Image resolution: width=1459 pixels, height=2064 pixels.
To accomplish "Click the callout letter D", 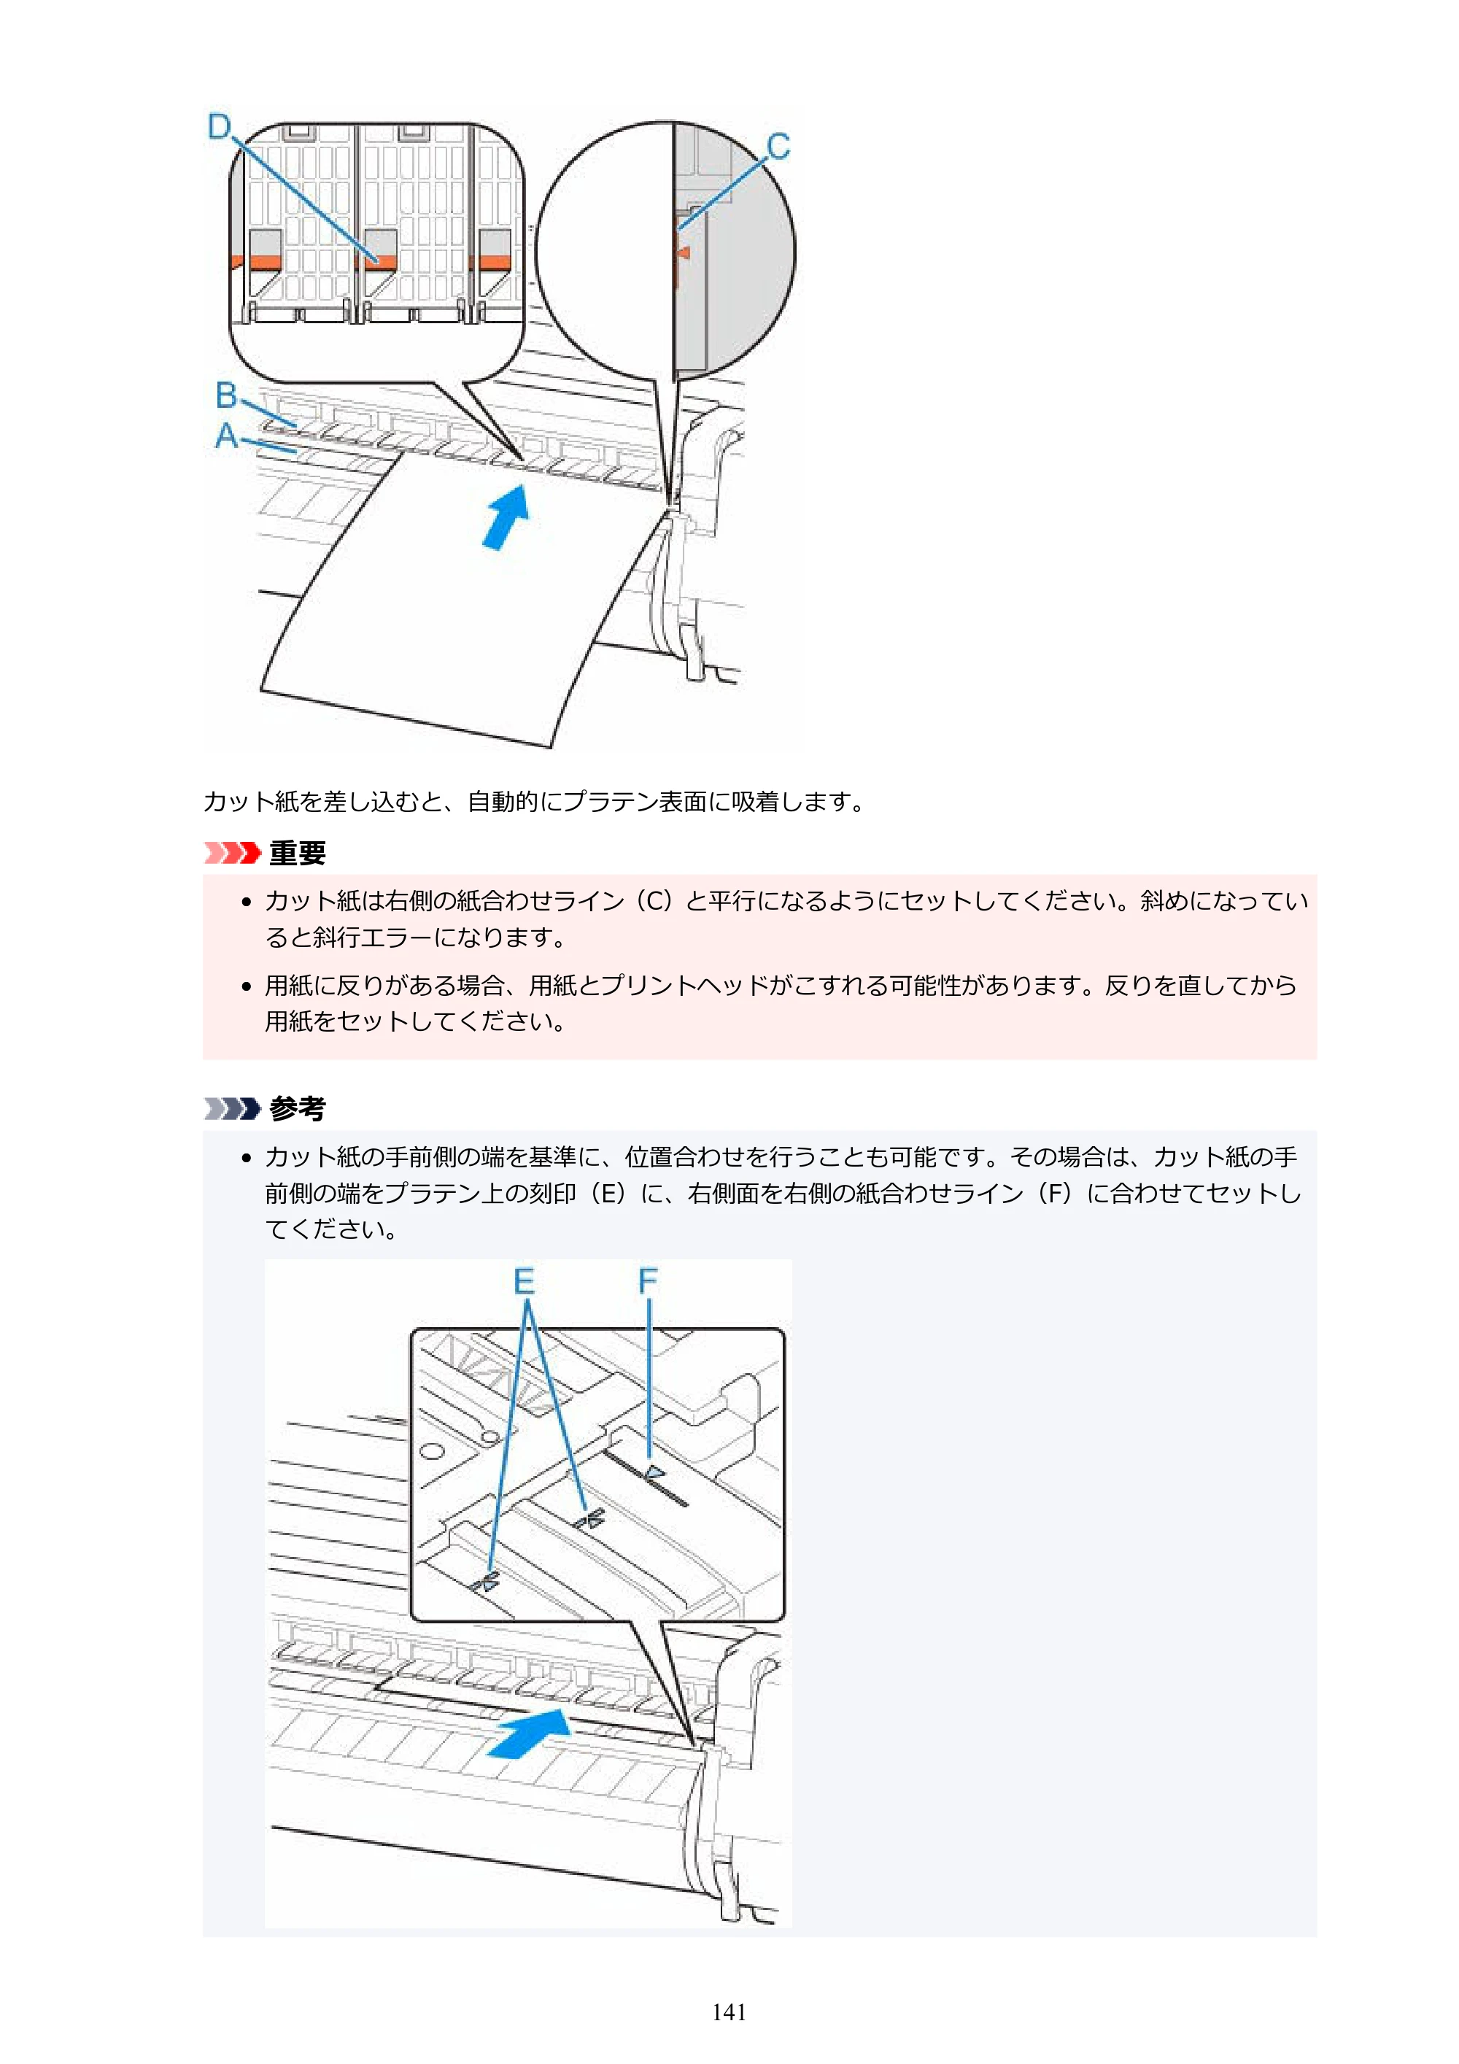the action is tap(220, 127).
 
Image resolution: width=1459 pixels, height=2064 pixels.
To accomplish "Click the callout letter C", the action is tap(778, 147).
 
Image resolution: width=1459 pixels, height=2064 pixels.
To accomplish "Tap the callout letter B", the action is tap(227, 395).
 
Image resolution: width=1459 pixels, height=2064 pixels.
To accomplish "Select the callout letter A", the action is tap(227, 436).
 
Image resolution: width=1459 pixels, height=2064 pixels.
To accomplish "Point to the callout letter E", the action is tap(524, 1281).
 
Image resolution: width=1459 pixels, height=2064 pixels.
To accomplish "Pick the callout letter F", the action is tap(648, 1281).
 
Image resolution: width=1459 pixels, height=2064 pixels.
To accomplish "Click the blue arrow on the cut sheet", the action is tap(506, 516).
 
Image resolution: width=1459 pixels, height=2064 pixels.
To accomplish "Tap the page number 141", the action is tap(729, 2012).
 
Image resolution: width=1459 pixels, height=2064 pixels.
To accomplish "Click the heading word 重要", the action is tap(298, 852).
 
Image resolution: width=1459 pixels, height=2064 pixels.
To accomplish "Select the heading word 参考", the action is tap(298, 1108).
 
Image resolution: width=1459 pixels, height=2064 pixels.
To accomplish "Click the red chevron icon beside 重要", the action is tap(232, 852).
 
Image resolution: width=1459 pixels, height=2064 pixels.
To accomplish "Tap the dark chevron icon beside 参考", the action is tap(232, 1108).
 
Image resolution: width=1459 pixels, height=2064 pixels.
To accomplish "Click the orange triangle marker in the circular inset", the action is tap(684, 252).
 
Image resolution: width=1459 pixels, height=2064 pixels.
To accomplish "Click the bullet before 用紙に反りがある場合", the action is tap(247, 986).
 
